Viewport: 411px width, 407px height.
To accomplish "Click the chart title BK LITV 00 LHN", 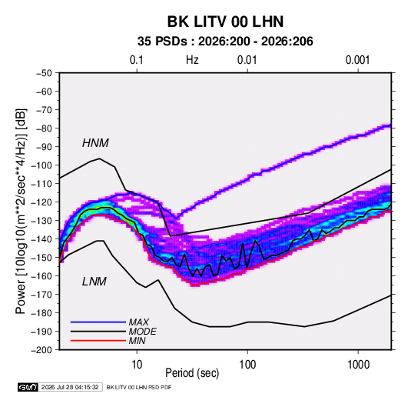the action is point(225,22).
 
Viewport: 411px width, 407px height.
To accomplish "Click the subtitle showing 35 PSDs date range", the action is point(225,42).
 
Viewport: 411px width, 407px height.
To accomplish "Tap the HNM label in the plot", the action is point(95,143).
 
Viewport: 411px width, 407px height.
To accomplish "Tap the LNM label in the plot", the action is point(94,282).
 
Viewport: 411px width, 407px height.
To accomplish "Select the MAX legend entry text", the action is point(138,322).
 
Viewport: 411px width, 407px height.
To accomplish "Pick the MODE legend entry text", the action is point(143,332).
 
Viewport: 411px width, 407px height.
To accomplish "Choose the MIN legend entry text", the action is point(137,341).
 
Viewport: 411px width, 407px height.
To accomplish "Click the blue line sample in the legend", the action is point(98,322).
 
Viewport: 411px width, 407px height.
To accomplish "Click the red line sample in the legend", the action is point(98,341).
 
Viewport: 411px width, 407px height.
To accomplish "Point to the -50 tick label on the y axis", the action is point(44,73).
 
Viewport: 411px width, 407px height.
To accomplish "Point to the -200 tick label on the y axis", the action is point(41,350).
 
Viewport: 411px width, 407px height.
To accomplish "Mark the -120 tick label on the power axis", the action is point(41,202).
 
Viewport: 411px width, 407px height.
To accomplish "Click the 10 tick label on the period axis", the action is point(137,365).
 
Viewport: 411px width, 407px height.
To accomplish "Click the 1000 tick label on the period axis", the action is point(358,365).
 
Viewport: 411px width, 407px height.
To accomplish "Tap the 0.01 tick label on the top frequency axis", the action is point(247,60).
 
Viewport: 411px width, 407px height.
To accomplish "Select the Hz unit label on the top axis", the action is point(192,60).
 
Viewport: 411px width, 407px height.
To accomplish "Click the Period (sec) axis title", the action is point(192,373).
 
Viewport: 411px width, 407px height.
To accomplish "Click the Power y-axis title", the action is point(21,211).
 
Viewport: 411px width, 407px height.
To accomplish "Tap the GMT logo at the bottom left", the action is point(28,387).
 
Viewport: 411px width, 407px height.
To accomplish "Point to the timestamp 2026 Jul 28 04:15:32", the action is point(70,387).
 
